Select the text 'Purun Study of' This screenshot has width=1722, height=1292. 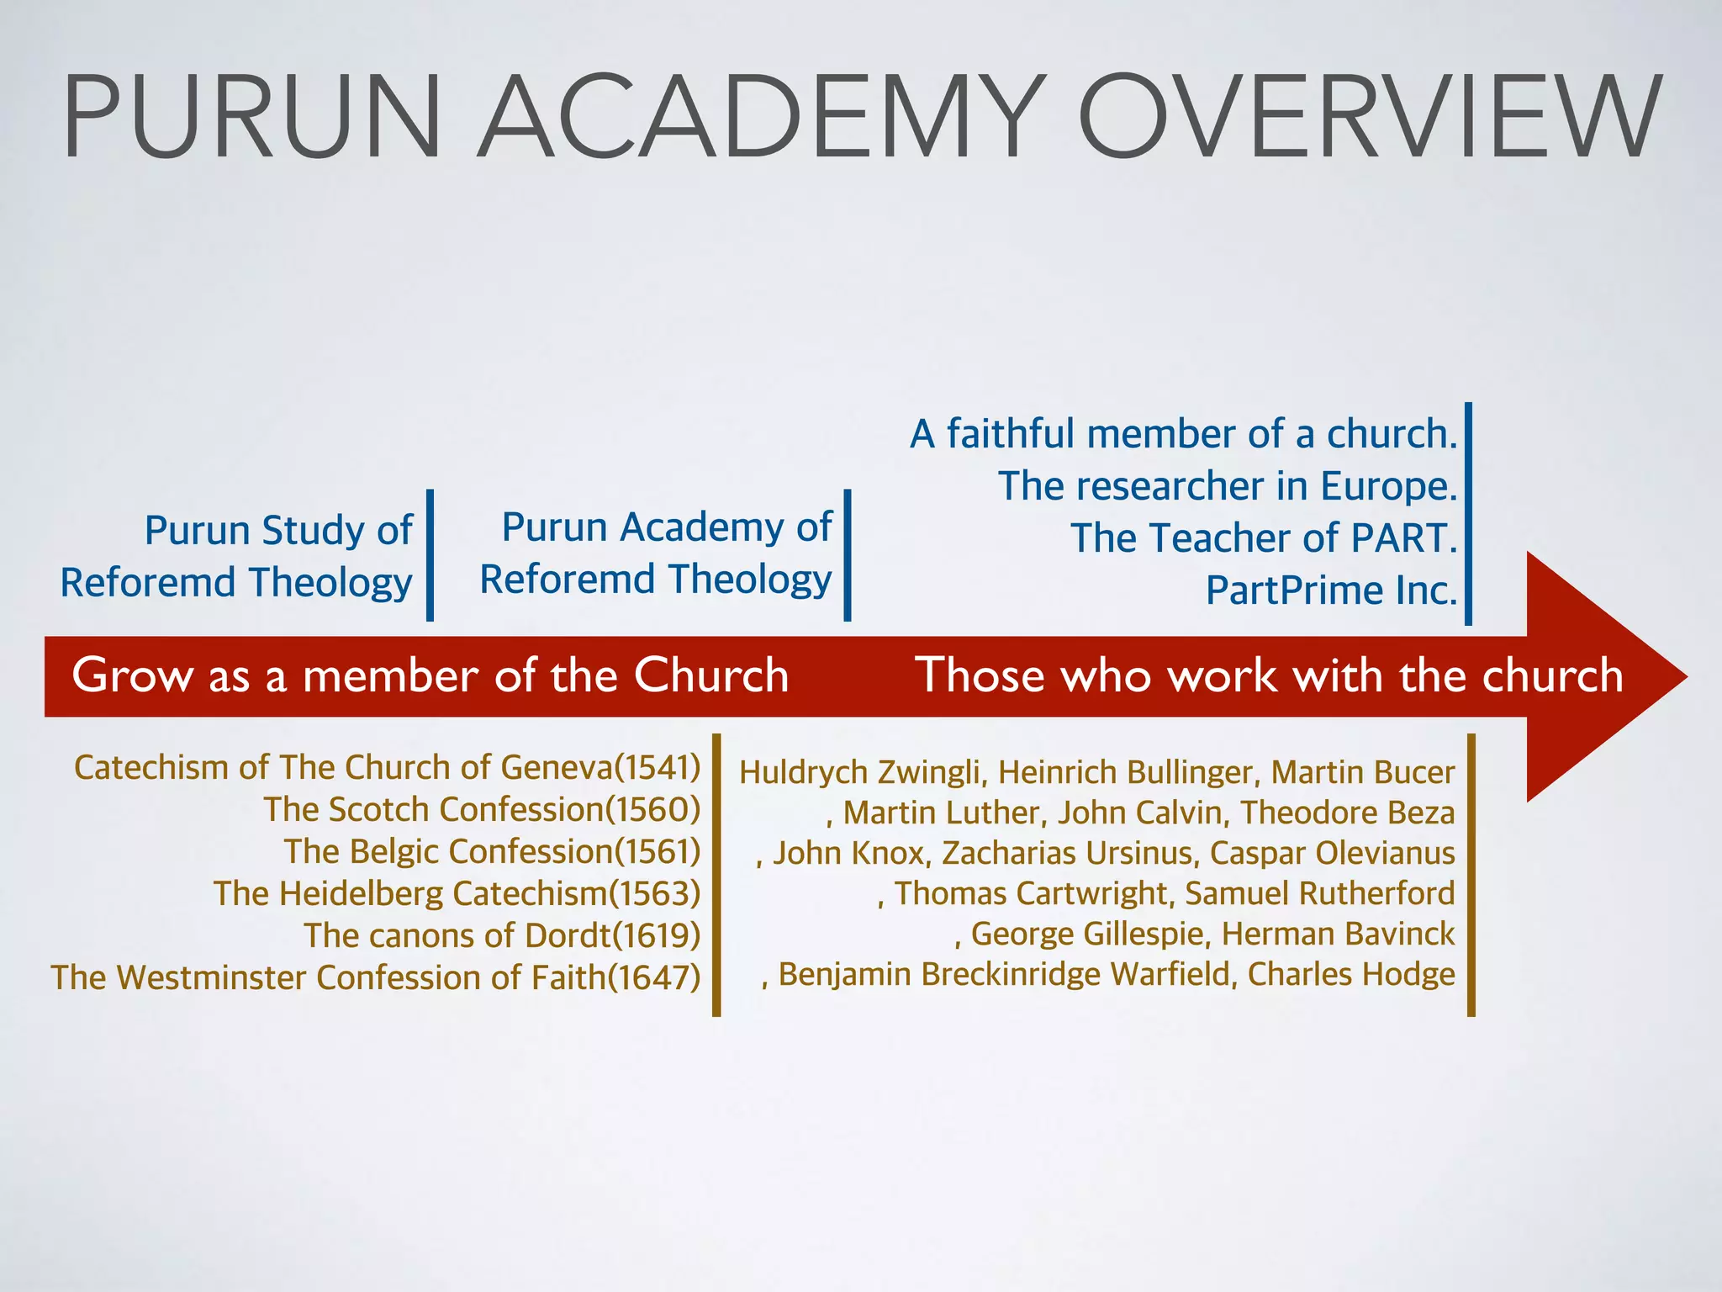[x=278, y=531]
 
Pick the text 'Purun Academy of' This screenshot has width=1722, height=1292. [x=666, y=527]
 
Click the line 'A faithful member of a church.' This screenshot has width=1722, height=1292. [x=1183, y=434]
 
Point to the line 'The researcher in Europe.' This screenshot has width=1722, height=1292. [x=1228, y=486]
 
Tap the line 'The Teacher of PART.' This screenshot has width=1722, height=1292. [x=1264, y=538]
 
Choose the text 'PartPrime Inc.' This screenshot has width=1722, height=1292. [x=1331, y=590]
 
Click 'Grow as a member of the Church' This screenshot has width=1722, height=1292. [x=430, y=675]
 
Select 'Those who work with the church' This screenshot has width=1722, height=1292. [x=1269, y=675]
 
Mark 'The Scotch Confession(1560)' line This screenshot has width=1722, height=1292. [x=482, y=810]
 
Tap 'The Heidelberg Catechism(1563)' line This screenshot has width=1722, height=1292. [x=457, y=894]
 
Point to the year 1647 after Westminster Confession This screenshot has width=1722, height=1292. [x=653, y=978]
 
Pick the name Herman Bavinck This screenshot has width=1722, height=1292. [x=1338, y=934]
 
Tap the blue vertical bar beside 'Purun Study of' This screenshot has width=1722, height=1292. [x=430, y=555]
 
